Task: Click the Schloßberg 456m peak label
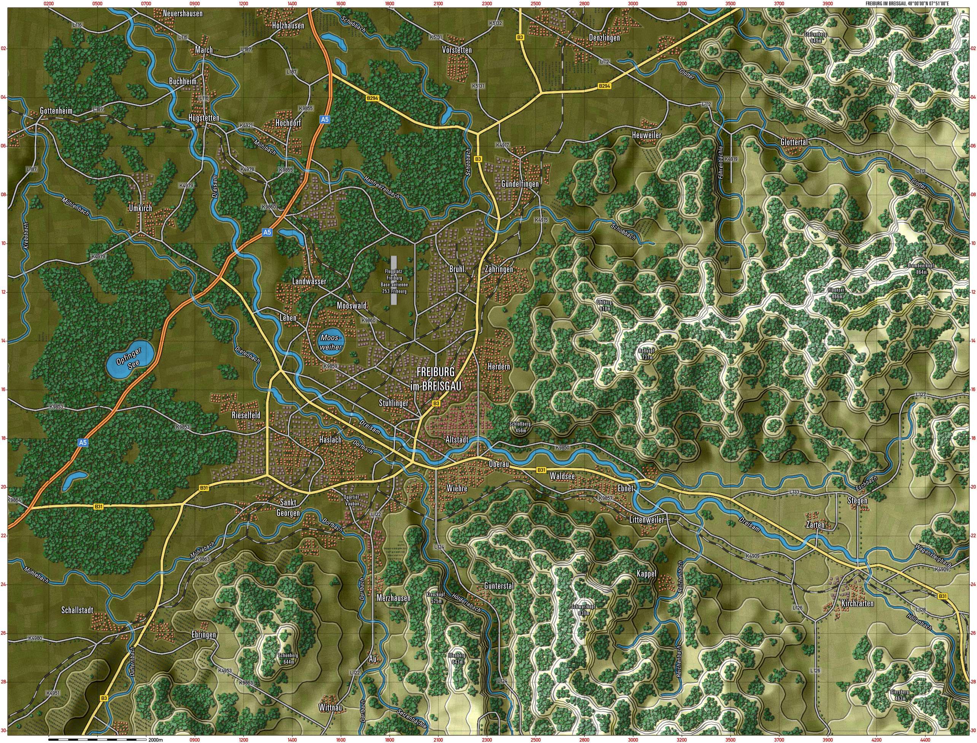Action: [520, 427]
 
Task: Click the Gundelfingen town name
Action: [520, 183]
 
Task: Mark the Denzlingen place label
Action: [604, 38]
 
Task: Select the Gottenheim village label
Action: [56, 110]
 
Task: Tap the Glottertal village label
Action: [794, 142]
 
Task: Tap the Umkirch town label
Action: [140, 208]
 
